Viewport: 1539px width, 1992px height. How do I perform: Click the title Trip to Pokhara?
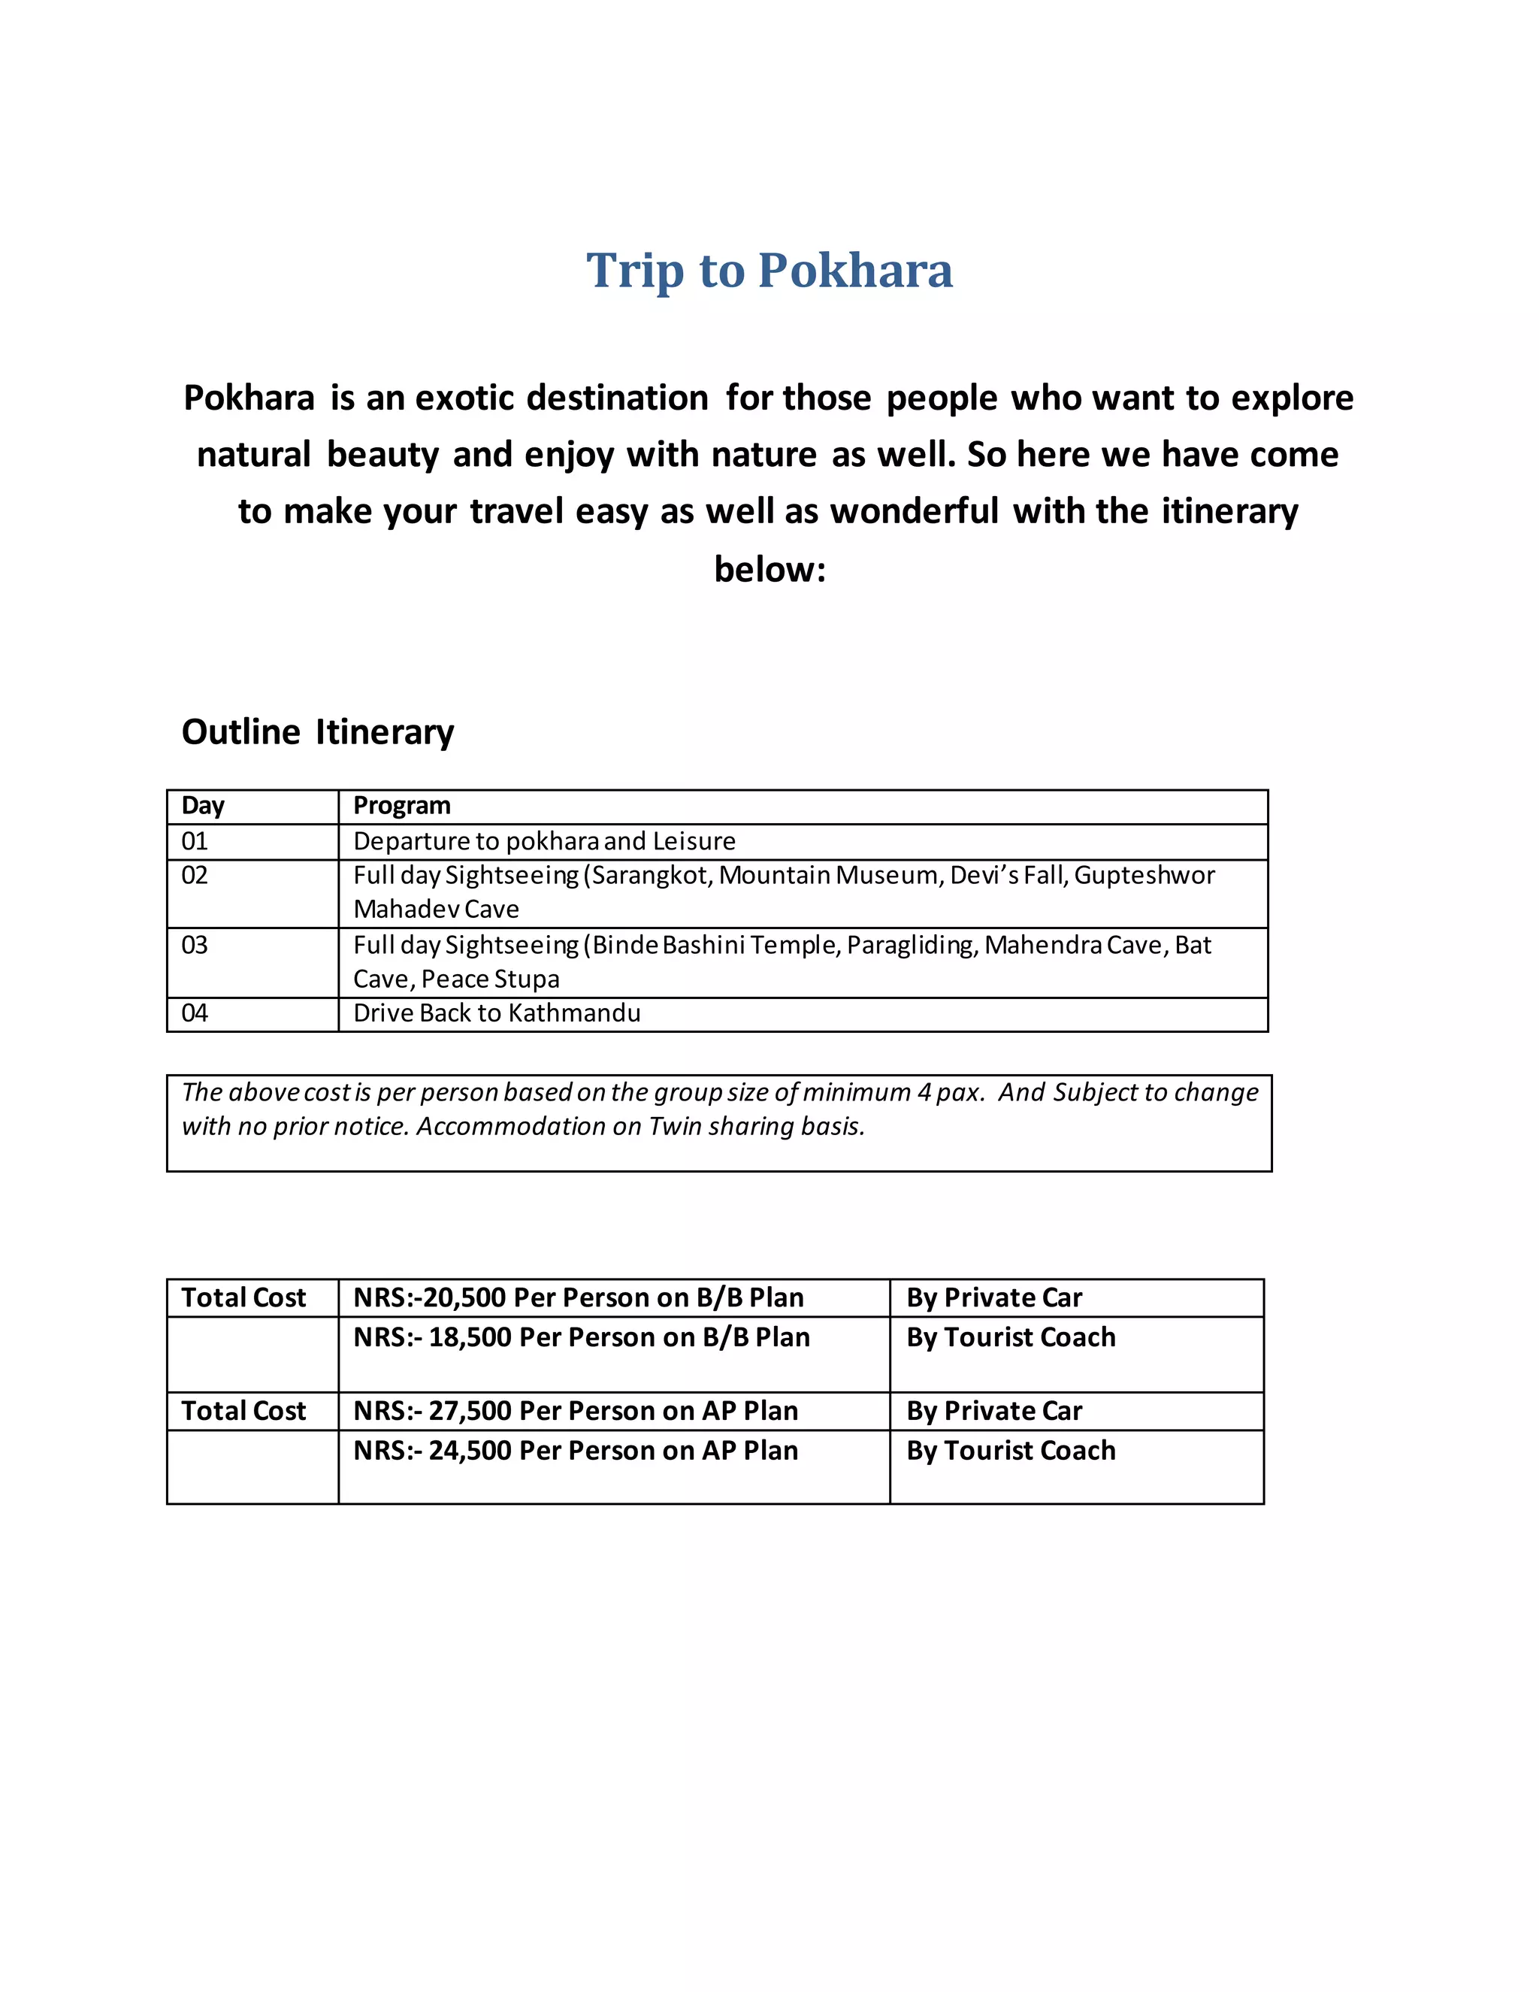[769, 271]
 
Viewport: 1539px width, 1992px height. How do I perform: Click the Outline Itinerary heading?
[317, 731]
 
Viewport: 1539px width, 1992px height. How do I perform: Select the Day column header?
[202, 805]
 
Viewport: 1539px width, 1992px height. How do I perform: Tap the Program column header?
[401, 805]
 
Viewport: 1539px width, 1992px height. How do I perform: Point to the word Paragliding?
[912, 946]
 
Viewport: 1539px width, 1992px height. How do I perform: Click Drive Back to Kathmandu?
[497, 1013]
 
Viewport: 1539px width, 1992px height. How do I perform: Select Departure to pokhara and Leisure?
[544, 841]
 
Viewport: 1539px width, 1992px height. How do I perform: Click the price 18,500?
[470, 1337]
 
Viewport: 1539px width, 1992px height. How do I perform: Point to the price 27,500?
[470, 1411]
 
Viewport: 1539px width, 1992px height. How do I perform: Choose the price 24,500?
[470, 1450]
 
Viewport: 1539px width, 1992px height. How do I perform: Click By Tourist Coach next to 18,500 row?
[1010, 1337]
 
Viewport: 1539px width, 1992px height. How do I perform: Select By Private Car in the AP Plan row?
[993, 1411]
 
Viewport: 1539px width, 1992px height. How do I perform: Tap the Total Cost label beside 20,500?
[243, 1297]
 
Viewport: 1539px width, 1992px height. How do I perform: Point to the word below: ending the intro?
[769, 569]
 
